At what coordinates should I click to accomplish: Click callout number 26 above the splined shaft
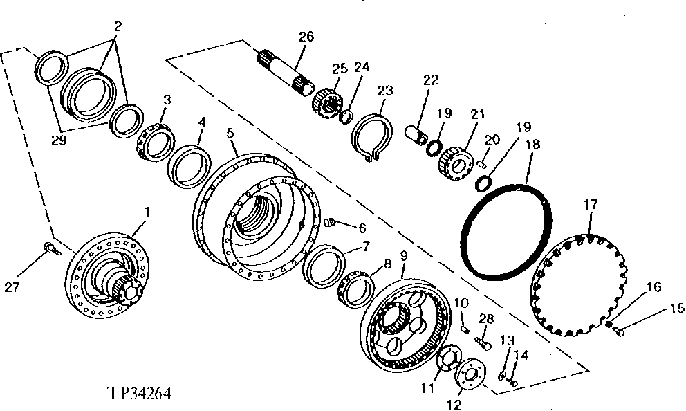(x=306, y=36)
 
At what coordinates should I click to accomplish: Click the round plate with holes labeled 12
(x=470, y=374)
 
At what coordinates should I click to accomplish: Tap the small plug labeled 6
(x=331, y=223)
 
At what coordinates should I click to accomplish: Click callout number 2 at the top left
(x=118, y=28)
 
